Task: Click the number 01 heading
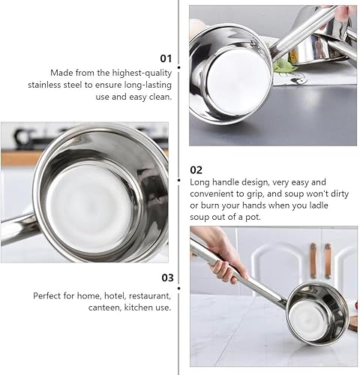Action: [166, 57]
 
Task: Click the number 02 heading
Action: [196, 169]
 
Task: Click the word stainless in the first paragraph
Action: [68, 85]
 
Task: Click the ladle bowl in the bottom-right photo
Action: [316, 312]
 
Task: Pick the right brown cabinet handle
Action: [328, 259]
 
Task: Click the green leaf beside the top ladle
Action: [284, 66]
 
